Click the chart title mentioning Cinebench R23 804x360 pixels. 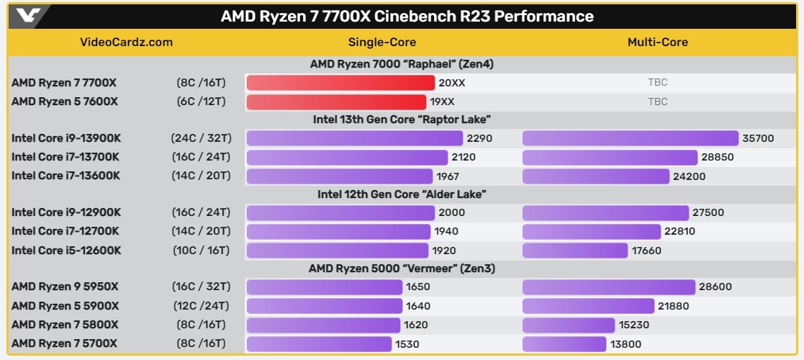(407, 16)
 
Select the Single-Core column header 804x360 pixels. (381, 42)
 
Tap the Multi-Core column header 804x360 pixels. (657, 42)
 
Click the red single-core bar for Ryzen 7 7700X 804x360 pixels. (340, 83)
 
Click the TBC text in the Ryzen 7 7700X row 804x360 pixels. (657, 83)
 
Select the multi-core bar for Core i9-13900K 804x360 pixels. (631, 138)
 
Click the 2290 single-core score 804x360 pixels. (479, 138)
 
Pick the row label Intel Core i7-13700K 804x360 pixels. (66, 157)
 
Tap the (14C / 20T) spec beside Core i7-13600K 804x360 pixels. (202, 176)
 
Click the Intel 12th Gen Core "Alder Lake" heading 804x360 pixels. (402, 194)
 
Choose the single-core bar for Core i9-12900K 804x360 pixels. (340, 212)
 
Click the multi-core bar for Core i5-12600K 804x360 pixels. (575, 251)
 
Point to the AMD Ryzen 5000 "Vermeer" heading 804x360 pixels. (402, 269)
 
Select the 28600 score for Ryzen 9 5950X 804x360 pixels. (715, 287)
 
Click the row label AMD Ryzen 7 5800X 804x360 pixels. (65, 325)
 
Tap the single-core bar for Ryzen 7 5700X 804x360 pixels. (319, 344)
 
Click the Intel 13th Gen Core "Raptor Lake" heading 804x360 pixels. (402, 120)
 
